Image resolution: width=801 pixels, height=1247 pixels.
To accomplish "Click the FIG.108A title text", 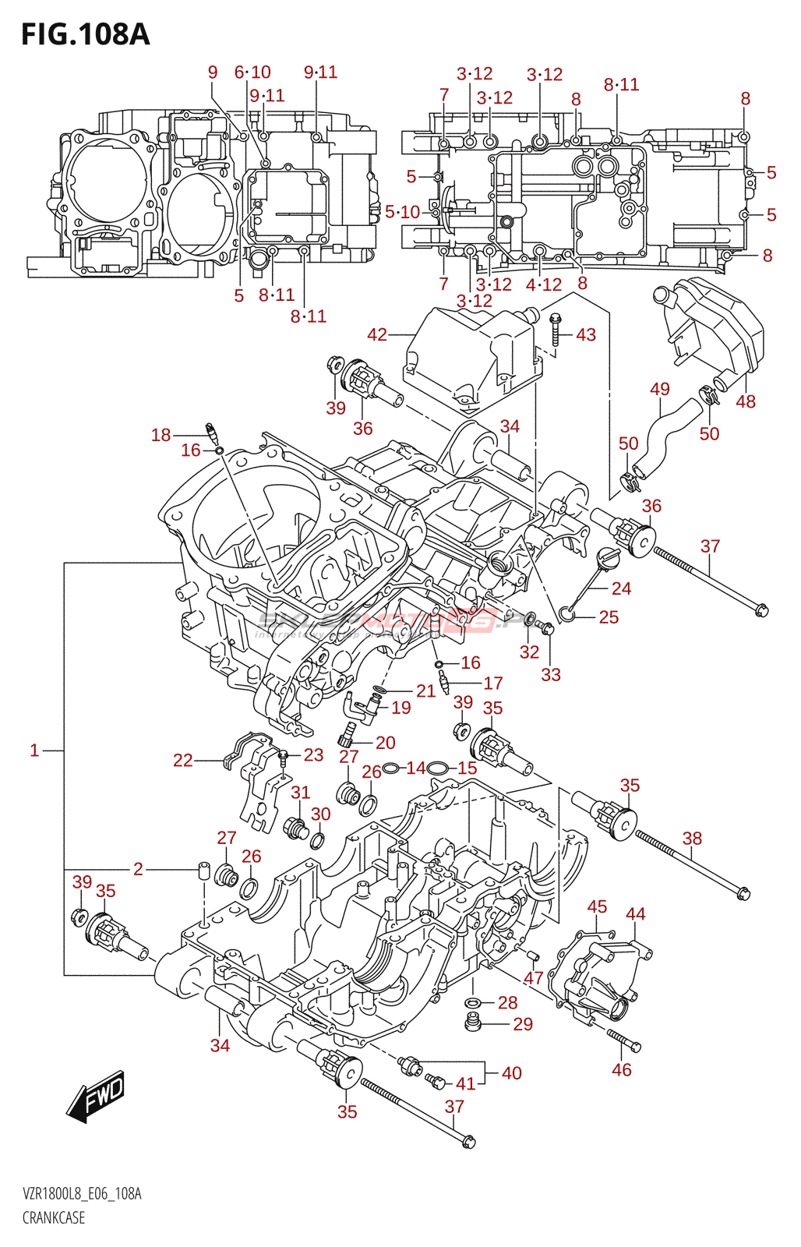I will [85, 34].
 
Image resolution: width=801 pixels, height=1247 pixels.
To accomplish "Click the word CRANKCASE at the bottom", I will [54, 1217].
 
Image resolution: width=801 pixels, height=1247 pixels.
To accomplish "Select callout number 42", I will [377, 334].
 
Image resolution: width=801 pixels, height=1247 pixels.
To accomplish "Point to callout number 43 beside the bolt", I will [586, 334].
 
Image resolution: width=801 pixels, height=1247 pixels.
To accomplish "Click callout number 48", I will [746, 401].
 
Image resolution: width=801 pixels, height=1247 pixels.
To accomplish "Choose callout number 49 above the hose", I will [660, 389].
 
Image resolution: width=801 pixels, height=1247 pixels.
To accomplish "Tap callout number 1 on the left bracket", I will [34, 751].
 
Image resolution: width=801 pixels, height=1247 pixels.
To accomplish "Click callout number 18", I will [161, 435].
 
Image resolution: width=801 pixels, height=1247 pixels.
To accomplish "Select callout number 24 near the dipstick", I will [621, 588].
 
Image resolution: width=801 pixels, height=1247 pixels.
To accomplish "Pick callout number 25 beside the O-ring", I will [609, 617].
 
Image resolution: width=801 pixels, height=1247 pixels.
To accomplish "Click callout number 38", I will [692, 838].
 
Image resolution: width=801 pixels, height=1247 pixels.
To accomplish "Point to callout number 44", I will [636, 913].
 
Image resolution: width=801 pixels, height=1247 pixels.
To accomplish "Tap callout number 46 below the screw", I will [622, 1069].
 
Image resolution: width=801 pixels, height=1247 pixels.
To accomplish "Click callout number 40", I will [512, 1073].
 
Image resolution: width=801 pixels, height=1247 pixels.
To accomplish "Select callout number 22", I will [182, 760].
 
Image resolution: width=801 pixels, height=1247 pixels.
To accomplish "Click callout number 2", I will [138, 869].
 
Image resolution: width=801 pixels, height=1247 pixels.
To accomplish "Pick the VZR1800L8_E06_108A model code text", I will [82, 1194].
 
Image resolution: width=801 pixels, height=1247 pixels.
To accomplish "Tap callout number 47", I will [534, 978].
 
